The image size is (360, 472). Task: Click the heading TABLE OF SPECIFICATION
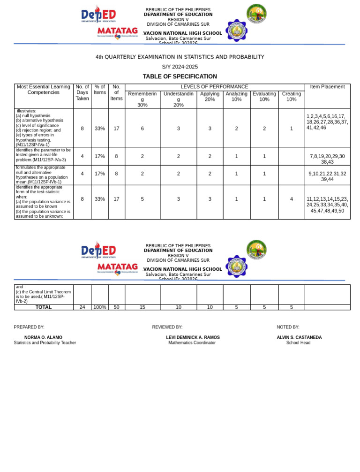click(180, 76)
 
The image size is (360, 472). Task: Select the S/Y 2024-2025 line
click(180, 67)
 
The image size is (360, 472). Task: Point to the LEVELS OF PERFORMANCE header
click(214, 87)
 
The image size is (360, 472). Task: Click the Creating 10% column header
click(291, 97)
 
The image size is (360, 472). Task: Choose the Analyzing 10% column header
click(236, 97)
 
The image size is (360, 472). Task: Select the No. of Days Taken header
click(82, 92)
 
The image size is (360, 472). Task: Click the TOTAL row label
click(44, 307)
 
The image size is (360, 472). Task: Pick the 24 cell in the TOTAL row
click(82, 307)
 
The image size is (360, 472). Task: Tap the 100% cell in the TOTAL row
click(99, 307)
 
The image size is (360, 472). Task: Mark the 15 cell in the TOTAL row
click(142, 307)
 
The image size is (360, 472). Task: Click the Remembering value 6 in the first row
click(142, 129)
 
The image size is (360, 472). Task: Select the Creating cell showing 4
click(291, 199)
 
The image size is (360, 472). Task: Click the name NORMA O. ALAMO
click(43, 337)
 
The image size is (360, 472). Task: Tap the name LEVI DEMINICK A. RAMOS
click(193, 337)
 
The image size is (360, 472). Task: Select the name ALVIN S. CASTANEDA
click(299, 337)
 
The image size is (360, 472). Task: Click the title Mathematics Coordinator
click(192, 343)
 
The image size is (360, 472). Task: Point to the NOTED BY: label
click(288, 327)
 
